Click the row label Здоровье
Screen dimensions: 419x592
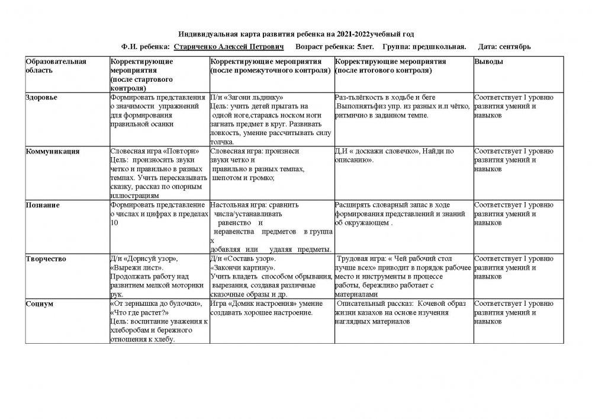pos(41,97)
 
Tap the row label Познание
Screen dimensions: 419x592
pos(42,205)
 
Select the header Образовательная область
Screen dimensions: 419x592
pos(56,66)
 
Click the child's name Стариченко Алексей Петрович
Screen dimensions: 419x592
pos(229,46)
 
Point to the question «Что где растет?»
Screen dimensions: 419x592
pos(140,312)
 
